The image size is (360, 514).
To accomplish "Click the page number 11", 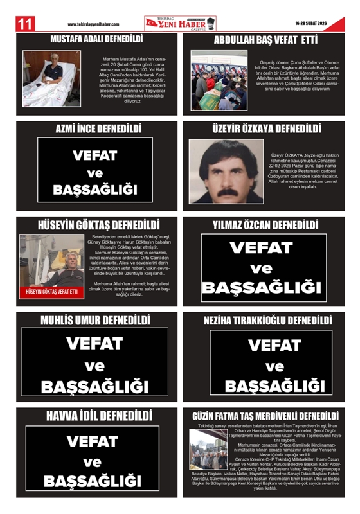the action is point(24,24).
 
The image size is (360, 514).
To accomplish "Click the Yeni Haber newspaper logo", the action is point(179,23).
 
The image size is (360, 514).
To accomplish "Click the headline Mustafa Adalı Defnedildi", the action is point(96,39).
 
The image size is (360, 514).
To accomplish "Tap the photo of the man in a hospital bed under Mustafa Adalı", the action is point(52,71).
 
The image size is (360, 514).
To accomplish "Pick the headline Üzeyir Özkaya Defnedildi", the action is point(266,128).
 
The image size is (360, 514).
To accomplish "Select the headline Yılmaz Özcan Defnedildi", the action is point(265,226).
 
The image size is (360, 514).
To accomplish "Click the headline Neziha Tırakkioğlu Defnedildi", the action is point(267,319).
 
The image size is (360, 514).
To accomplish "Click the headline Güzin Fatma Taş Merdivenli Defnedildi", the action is point(265,415).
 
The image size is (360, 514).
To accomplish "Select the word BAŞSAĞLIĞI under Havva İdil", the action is point(96,480).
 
